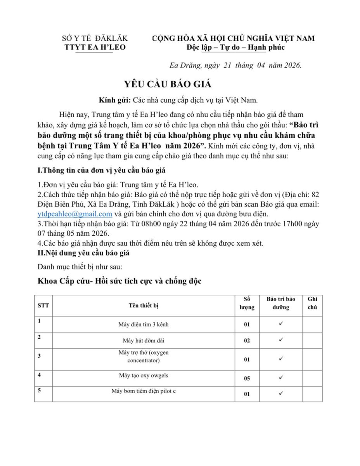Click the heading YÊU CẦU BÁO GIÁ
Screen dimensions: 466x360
point(168,84)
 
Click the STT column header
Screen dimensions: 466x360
point(43,305)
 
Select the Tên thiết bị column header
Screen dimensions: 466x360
point(144,305)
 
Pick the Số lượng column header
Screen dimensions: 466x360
point(247,303)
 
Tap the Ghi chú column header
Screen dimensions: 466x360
point(312,303)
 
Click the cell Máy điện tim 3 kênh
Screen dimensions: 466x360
point(144,324)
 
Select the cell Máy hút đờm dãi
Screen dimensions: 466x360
point(144,341)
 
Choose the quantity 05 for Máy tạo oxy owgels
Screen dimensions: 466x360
point(247,378)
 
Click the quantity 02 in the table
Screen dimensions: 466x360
point(247,341)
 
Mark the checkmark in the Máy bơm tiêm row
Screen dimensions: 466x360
point(281,393)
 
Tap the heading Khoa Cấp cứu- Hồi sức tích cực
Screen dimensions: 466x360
point(119,281)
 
